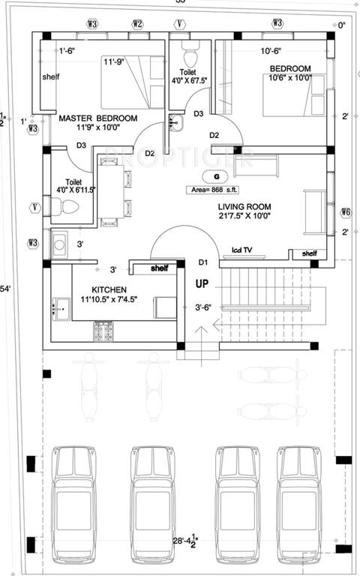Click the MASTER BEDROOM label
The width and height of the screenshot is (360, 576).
click(x=97, y=118)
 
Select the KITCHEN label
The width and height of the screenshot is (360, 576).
click(x=109, y=289)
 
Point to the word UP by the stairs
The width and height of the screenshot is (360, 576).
click(x=202, y=285)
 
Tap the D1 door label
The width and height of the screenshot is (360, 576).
click(x=202, y=262)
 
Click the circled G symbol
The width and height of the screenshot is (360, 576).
click(x=205, y=175)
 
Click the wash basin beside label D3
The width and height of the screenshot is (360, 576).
click(x=175, y=122)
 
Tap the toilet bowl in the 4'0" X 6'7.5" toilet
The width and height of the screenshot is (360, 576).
click(x=188, y=58)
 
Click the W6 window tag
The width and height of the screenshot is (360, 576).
click(x=345, y=211)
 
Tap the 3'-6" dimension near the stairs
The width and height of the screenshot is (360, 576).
click(x=202, y=307)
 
